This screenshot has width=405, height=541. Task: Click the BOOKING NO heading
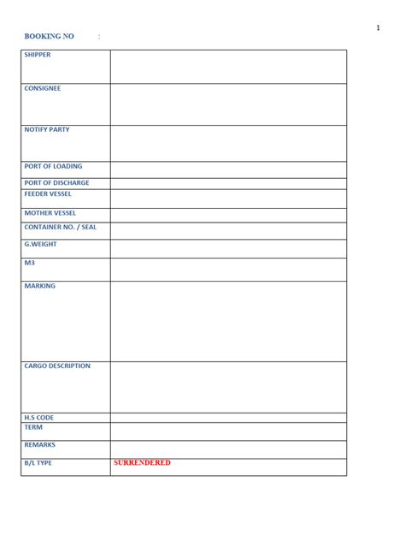click(50, 37)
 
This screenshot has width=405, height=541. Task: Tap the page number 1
click(378, 29)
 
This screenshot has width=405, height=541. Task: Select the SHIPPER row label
click(38, 55)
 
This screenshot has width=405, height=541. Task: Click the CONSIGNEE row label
click(43, 88)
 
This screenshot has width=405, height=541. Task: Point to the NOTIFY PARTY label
click(47, 129)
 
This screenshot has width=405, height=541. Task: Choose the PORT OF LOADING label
click(53, 166)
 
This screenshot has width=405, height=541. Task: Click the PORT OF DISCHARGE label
click(56, 182)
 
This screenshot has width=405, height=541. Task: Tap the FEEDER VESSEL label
click(48, 194)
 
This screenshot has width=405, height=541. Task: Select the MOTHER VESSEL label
click(50, 212)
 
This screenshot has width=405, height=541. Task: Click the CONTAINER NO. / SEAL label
click(60, 227)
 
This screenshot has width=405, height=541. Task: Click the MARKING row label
click(39, 286)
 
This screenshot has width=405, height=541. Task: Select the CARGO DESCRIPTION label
click(57, 366)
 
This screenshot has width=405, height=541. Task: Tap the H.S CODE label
click(39, 418)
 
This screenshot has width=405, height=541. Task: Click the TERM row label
click(33, 427)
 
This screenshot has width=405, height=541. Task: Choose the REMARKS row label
click(39, 445)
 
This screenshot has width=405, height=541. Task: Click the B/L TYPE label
click(38, 463)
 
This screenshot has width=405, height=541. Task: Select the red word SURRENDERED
click(142, 463)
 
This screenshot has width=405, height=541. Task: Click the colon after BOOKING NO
click(99, 37)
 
